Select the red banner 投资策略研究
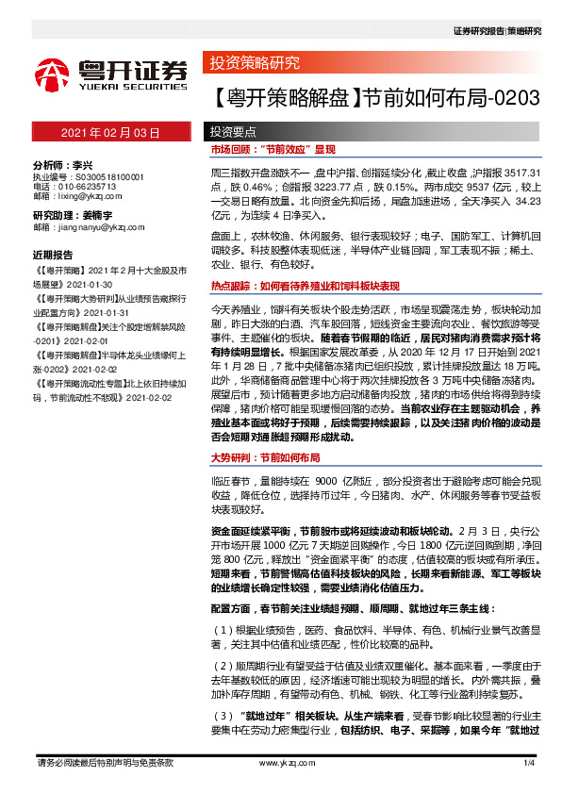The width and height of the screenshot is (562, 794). pyautogui.click(x=254, y=64)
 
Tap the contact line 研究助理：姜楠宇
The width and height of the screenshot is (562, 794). pyautogui.click(x=73, y=216)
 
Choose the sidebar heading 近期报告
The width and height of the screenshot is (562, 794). pyautogui.click(x=53, y=255)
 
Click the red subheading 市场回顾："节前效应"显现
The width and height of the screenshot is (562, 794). pyautogui.click(x=273, y=150)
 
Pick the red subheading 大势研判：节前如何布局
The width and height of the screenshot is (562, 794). pyautogui.click(x=265, y=456)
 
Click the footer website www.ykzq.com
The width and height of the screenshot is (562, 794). pyautogui.click(x=280, y=762)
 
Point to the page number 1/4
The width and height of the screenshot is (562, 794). pyautogui.click(x=529, y=762)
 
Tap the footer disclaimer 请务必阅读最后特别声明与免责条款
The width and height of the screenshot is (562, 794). pyautogui.click(x=104, y=762)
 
